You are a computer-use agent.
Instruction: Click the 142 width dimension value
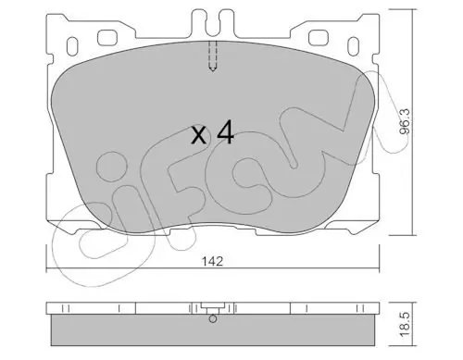click(212, 262)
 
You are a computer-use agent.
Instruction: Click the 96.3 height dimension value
click(404, 121)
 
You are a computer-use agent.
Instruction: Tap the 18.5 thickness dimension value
click(405, 324)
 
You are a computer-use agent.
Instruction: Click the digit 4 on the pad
click(226, 132)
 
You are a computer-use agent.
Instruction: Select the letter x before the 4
click(198, 136)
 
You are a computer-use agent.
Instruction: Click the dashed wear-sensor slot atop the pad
click(213, 56)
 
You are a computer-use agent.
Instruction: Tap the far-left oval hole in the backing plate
click(72, 46)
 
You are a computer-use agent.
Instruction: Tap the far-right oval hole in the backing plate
click(353, 46)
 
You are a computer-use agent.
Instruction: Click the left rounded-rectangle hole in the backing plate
click(107, 38)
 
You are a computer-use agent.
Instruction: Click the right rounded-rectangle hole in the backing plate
click(319, 38)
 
